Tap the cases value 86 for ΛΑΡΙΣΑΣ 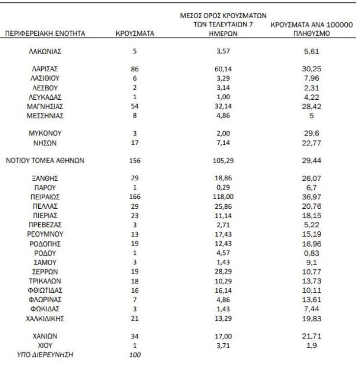134,69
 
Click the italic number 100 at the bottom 134,355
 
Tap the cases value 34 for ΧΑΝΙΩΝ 134,337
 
